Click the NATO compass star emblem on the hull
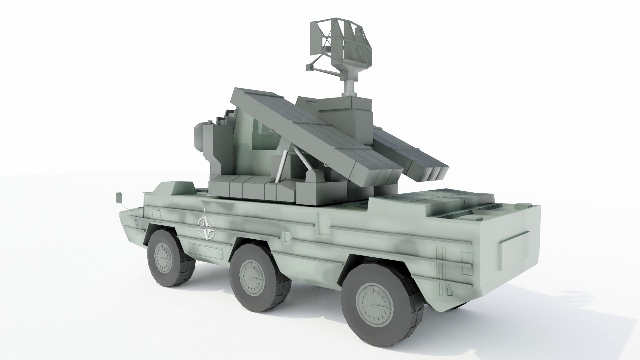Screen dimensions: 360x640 [206, 228]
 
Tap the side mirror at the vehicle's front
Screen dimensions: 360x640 [119, 197]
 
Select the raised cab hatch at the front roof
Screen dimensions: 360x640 [182, 187]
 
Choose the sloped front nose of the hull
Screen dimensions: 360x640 [132, 220]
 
